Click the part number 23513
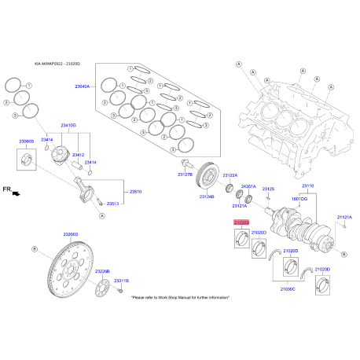tap(113, 204)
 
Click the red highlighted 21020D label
tap(241, 223)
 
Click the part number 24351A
tap(248, 186)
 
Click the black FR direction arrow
tap(16, 193)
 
